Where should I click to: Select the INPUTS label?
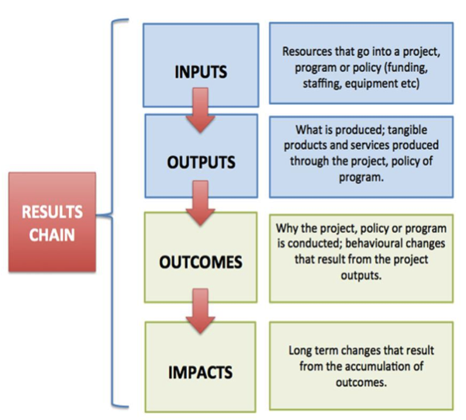(x=200, y=71)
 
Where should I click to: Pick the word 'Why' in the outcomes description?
(x=286, y=230)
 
